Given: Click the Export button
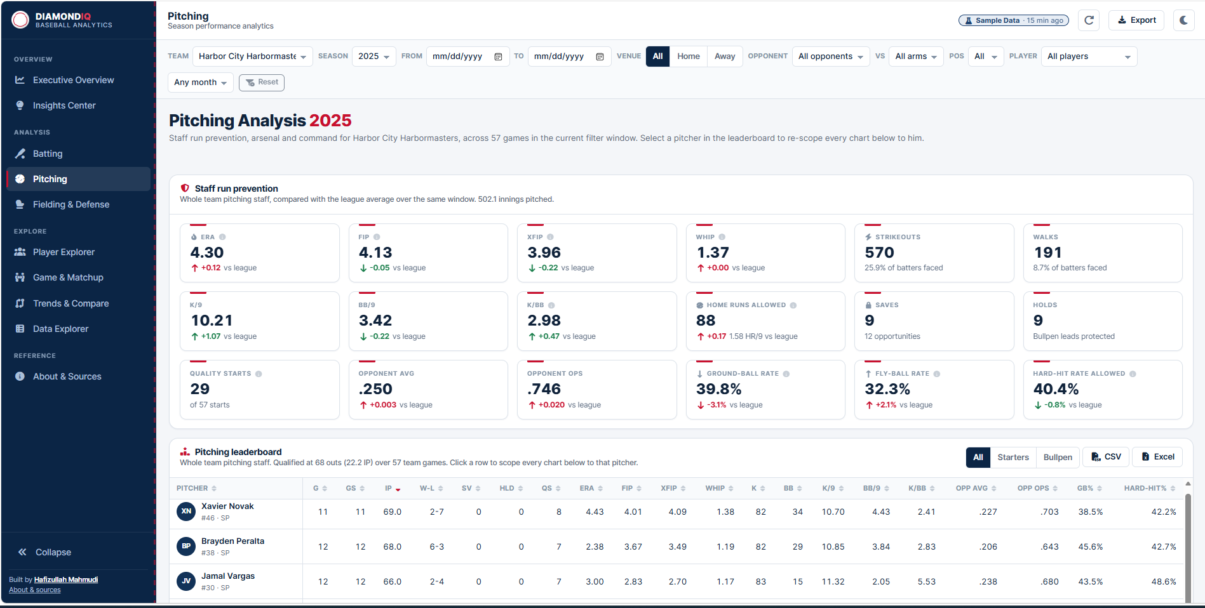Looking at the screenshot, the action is click(1136, 20).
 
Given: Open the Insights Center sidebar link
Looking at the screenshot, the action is click(64, 105).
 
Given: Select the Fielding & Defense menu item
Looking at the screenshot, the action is click(71, 204).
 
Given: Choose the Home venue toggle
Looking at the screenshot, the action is click(688, 56).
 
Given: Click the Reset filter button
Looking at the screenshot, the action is click(262, 83).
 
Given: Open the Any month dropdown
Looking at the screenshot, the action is click(201, 83).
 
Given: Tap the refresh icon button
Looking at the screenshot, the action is click(1089, 20).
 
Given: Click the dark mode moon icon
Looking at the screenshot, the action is click(1183, 20).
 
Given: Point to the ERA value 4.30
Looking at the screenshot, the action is click(207, 253).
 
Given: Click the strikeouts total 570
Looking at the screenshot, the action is click(879, 253).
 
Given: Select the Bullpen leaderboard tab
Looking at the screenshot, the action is click(1058, 457).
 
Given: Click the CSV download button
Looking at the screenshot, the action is click(1106, 457).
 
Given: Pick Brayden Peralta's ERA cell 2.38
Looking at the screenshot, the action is click(595, 546).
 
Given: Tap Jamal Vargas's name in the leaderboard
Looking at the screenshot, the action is click(228, 576).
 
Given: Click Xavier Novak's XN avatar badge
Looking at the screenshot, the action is click(186, 512).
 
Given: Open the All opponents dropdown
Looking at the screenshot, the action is click(831, 56).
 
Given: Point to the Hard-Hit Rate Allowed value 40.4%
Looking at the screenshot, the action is click(1056, 389).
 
